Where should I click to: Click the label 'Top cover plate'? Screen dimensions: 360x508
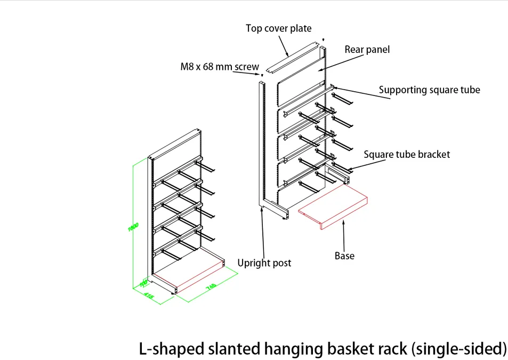(x=278, y=28)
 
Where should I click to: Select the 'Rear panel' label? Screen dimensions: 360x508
(x=367, y=50)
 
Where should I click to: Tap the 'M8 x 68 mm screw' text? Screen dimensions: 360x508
(x=219, y=68)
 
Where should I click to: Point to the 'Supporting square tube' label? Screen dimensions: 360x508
(x=429, y=90)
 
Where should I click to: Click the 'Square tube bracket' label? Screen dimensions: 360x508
(x=407, y=155)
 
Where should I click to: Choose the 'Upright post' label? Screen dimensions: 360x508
(x=264, y=263)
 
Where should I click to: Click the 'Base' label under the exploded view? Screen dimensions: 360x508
(x=344, y=256)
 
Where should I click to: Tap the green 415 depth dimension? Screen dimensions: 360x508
(x=149, y=295)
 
